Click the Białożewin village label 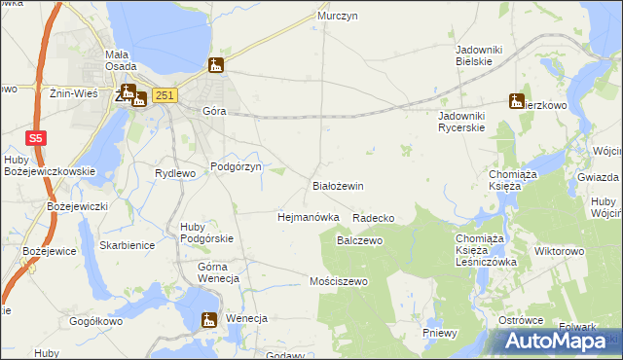(337, 185)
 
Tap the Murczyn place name (338, 17)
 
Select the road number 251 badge (165, 94)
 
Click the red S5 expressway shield (35, 138)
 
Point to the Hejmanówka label (308, 217)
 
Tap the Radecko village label (374, 218)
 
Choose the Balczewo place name (360, 239)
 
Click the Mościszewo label (336, 281)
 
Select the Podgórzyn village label (237, 167)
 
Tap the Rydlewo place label (175, 173)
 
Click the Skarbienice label (127, 245)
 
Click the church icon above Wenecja (207, 320)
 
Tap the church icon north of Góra (216, 66)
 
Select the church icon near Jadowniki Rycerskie (516, 100)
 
